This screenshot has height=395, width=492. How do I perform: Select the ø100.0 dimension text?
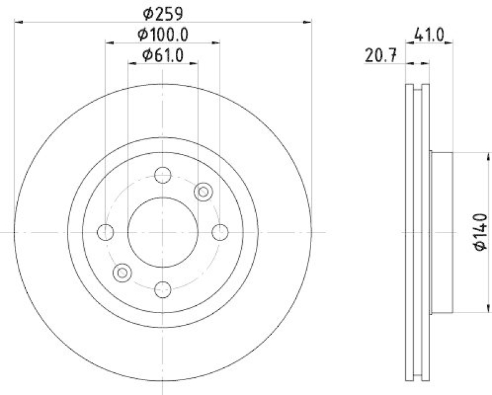(162, 34)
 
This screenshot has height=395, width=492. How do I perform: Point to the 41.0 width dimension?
(429, 35)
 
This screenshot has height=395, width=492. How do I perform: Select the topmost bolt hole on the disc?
(162, 175)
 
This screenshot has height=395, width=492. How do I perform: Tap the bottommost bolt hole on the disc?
(162, 289)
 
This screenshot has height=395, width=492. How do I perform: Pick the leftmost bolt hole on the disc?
(106, 233)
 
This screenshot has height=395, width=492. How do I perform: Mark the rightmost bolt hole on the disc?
(220, 233)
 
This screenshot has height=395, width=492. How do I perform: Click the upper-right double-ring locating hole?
(202, 193)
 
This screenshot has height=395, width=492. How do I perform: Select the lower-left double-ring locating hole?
(122, 272)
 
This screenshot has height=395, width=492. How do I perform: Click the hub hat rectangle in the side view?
(442, 232)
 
